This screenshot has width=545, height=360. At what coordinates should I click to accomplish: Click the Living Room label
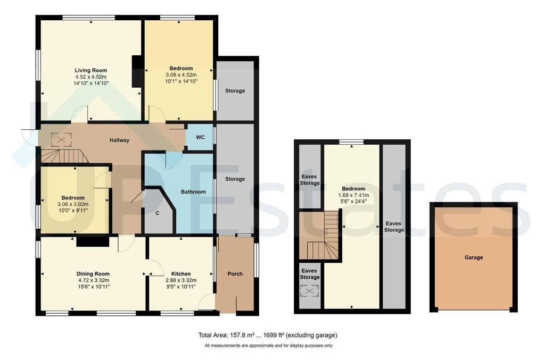90,70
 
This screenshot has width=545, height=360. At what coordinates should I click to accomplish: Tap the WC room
200,137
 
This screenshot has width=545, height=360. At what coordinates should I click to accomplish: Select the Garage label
473,257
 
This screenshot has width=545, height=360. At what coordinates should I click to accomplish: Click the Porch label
235,274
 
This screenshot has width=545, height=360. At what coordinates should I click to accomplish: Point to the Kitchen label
181,274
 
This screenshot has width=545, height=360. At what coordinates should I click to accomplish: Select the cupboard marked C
157,213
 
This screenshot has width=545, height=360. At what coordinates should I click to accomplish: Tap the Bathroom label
193,192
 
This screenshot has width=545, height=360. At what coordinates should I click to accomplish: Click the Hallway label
119,140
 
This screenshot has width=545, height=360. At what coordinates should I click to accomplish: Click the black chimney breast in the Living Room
137,71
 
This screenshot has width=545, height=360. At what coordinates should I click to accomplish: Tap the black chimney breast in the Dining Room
92,242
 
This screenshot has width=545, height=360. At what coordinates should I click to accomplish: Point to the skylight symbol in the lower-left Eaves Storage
309,292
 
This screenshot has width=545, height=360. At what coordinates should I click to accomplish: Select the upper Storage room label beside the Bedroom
235,91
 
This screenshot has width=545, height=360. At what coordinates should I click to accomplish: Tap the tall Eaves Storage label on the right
395,227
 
